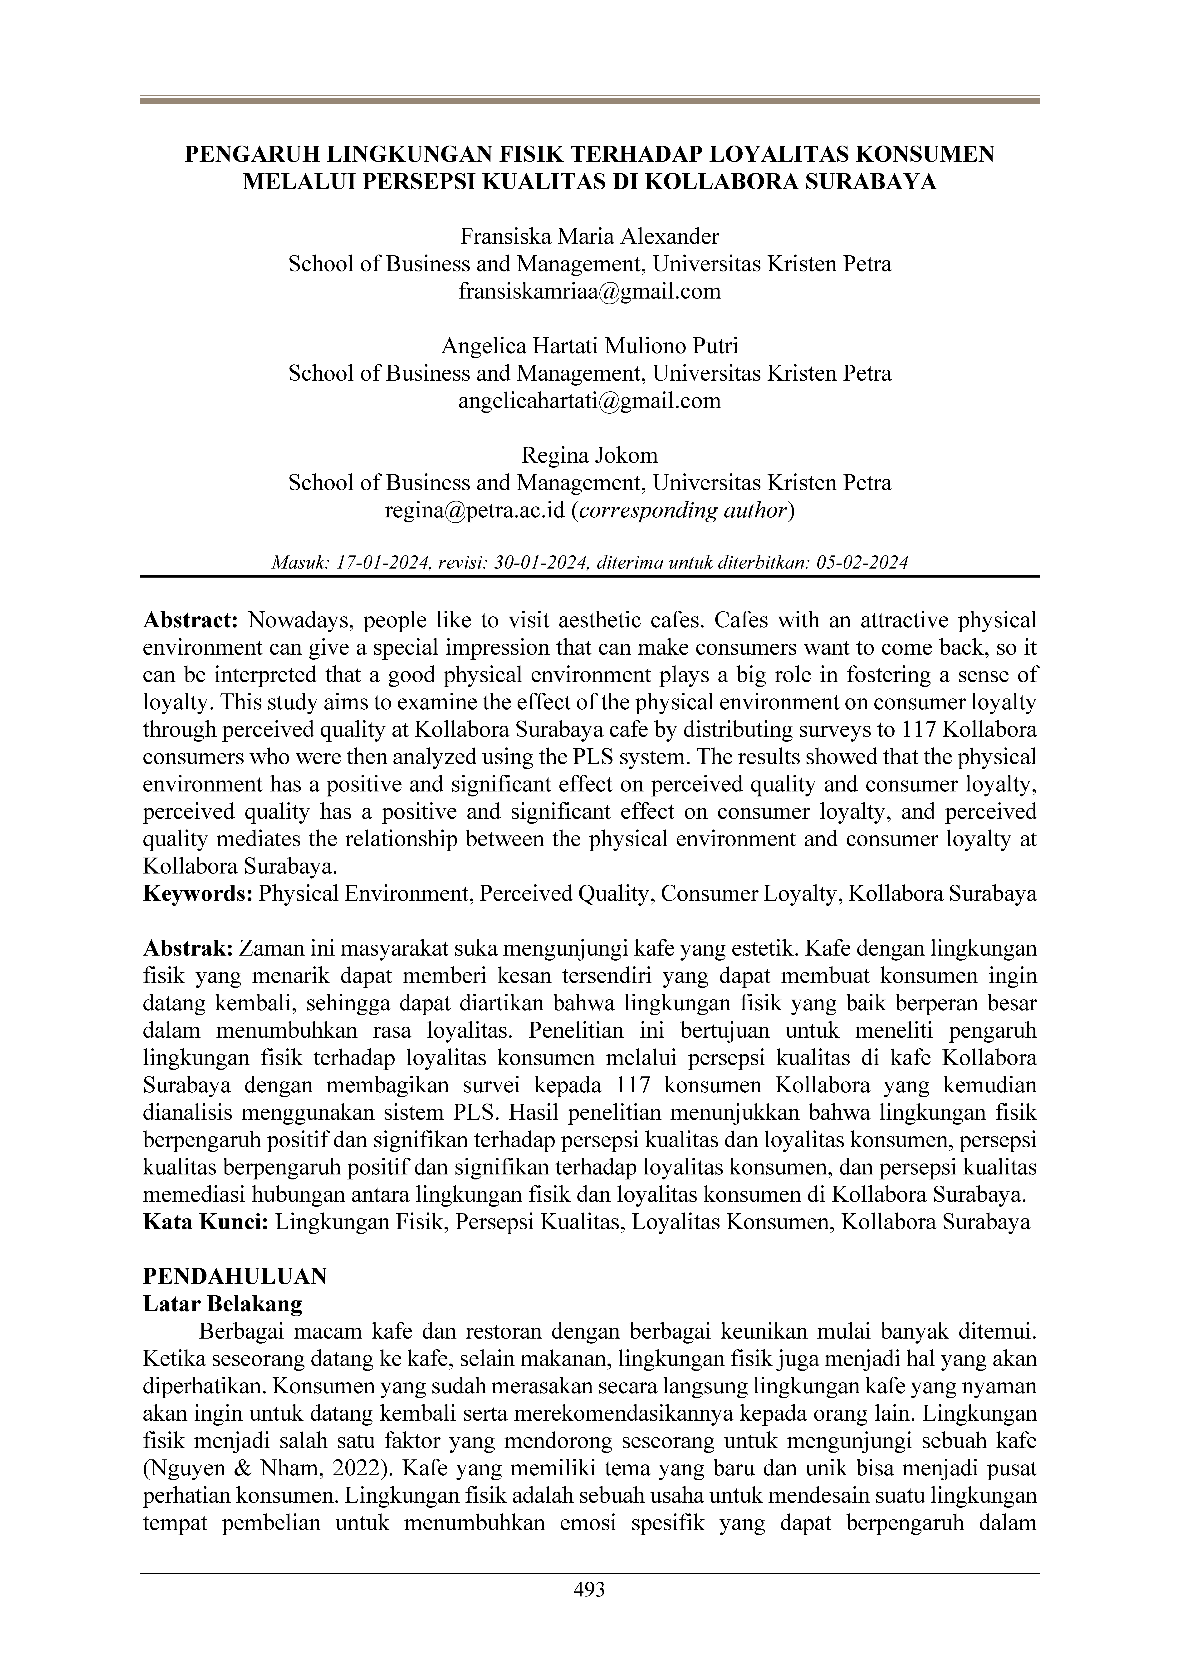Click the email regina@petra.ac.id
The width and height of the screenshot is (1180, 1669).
coord(475,510)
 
